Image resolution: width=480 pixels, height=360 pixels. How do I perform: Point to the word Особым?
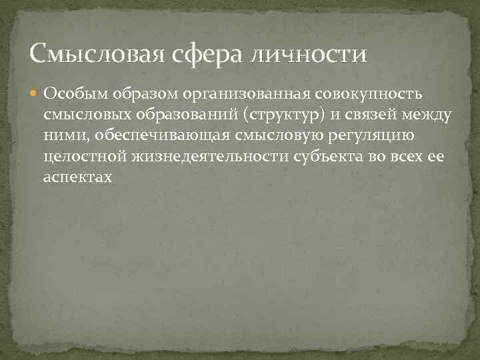pyautogui.click(x=72, y=93)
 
